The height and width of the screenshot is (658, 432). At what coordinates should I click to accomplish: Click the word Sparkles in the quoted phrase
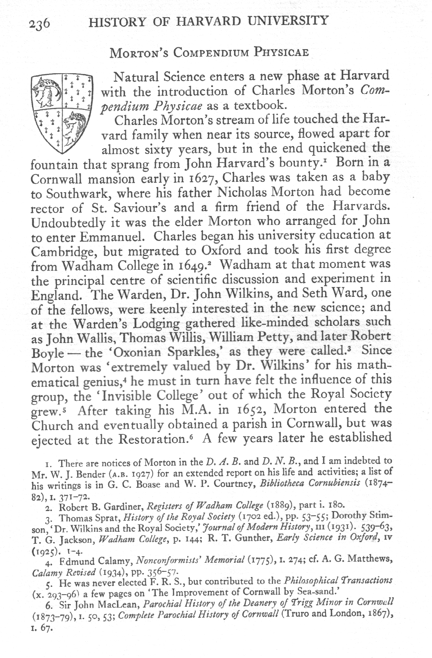point(194,353)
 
